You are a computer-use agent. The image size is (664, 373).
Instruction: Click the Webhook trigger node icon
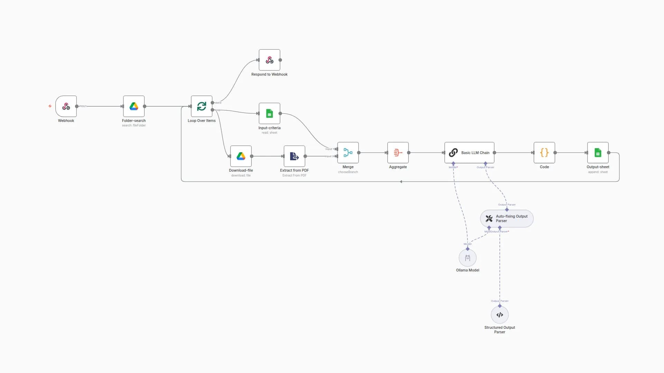(66, 106)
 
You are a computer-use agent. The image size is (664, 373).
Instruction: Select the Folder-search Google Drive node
(134, 106)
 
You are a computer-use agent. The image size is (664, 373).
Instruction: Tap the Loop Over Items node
(202, 106)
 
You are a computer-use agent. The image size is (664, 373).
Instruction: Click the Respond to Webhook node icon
(269, 60)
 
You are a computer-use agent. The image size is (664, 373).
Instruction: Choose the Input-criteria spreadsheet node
(269, 114)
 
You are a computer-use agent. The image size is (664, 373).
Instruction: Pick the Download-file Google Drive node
(241, 156)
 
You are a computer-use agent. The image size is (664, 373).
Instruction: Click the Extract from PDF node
(294, 156)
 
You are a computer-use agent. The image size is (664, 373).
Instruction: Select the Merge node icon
(348, 153)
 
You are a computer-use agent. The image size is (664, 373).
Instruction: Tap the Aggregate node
(398, 153)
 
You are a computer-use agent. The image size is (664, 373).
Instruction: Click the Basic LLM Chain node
(469, 153)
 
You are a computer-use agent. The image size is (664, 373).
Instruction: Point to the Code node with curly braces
(544, 153)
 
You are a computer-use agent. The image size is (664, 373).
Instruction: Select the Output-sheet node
(598, 153)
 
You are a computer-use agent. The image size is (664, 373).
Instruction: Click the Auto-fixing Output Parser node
(507, 219)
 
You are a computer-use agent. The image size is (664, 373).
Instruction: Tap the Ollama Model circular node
(468, 258)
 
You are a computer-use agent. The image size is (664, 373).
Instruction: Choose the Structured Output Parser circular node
(500, 315)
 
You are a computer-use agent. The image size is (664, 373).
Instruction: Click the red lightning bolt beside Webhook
(50, 106)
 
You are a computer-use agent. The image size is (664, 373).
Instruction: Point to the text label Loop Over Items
(202, 121)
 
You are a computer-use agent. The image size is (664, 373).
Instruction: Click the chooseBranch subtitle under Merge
(348, 172)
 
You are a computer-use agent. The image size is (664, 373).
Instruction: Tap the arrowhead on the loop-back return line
(401, 182)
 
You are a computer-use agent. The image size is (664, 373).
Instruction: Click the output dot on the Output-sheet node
(609, 153)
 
